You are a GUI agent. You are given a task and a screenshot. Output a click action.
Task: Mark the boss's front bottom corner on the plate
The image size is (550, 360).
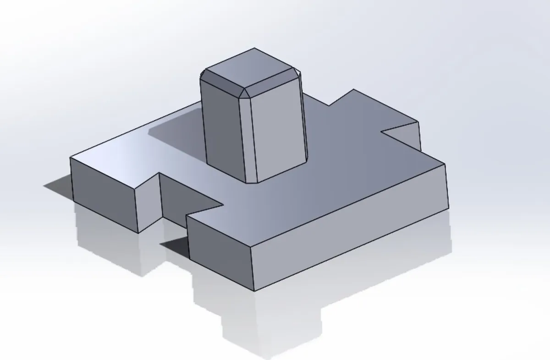tap(256, 183)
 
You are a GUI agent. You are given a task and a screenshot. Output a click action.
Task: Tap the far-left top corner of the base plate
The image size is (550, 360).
tap(70, 158)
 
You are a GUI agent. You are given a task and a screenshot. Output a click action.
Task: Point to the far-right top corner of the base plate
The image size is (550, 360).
tap(445, 163)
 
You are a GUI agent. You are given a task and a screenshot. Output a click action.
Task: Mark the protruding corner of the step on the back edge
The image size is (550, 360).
tap(353, 89)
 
